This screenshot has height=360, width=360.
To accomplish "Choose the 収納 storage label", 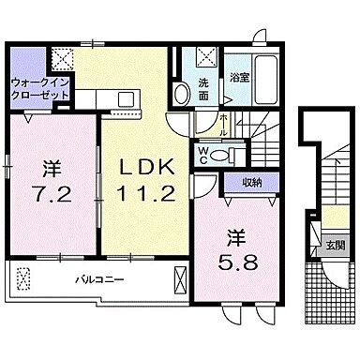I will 250,183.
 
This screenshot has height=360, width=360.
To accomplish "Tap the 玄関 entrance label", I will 334,247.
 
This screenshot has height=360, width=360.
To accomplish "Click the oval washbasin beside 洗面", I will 178,94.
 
